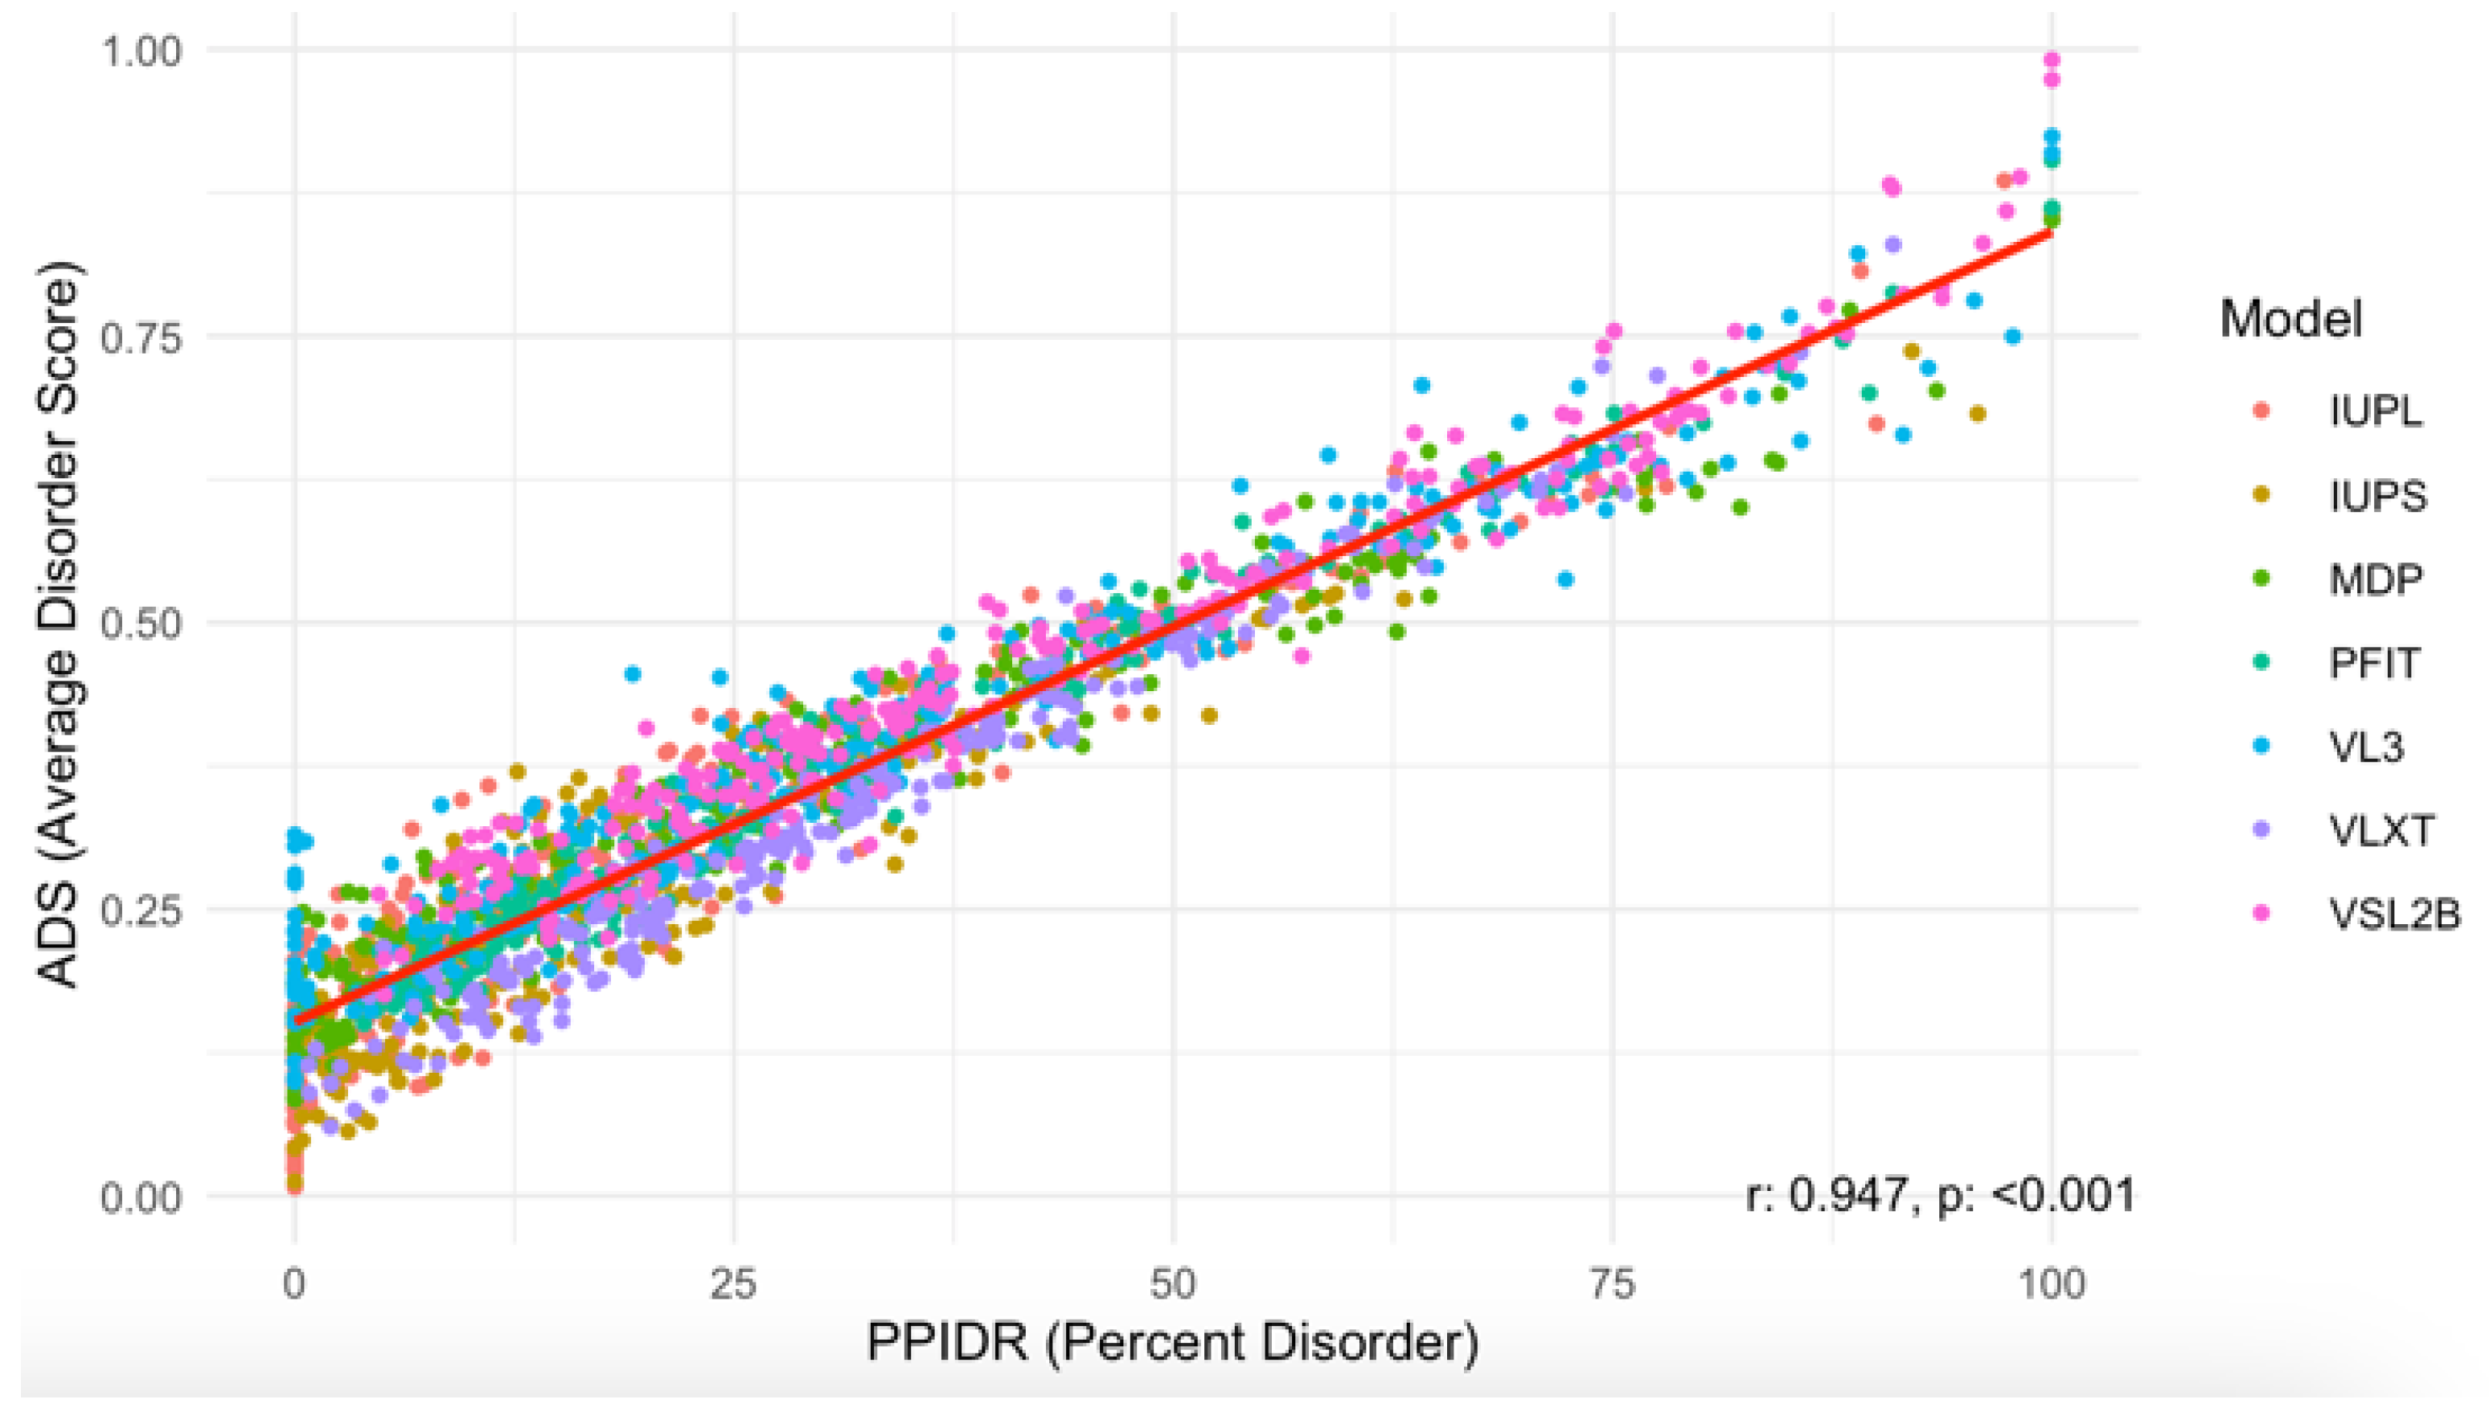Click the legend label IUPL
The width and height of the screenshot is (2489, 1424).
pos(2376,411)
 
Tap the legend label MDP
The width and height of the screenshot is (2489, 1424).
pos(2376,579)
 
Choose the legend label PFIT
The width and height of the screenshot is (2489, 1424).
pos(2373,663)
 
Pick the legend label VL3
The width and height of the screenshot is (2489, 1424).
pos(2366,747)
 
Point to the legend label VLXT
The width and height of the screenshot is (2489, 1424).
pos(2380,830)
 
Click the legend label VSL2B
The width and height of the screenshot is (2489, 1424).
pos(2393,915)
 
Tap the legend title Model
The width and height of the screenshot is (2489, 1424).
pos(2290,319)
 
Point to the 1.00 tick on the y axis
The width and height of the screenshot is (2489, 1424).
pos(141,50)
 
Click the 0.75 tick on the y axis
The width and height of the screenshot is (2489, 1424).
pos(141,338)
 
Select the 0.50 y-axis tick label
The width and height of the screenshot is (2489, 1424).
pos(141,623)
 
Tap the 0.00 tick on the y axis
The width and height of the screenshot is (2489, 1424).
pos(141,1197)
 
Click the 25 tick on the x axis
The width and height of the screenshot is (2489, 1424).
pos(733,1284)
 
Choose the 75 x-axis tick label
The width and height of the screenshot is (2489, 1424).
pos(1611,1284)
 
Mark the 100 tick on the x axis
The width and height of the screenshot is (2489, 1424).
pos(2051,1284)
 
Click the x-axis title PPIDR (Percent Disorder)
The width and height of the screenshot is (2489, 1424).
pos(1172,1343)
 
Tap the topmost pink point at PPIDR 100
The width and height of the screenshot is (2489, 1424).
pos(2052,60)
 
